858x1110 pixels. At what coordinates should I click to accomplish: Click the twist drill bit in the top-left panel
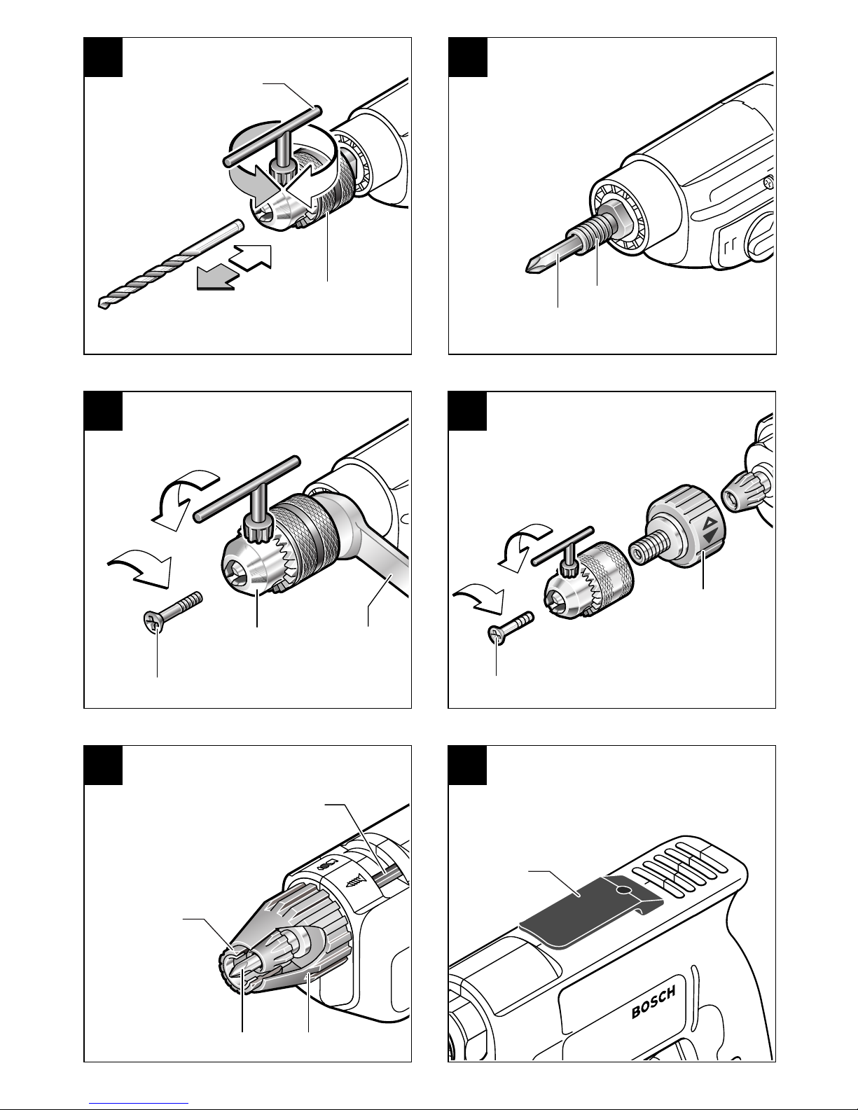[171, 263]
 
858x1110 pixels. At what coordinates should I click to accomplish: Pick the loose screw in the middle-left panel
[172, 613]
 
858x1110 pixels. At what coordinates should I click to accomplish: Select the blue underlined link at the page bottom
[139, 1102]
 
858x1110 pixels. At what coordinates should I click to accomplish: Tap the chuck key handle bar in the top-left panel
[273, 135]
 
